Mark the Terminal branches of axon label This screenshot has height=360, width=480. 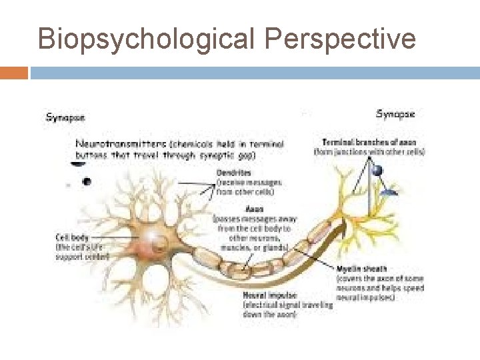pyautogui.click(x=368, y=141)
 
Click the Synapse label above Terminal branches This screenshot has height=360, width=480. pyautogui.click(x=395, y=114)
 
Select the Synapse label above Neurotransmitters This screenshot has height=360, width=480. pyautogui.click(x=65, y=117)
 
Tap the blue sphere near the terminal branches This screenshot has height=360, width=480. pyautogui.click(x=378, y=171)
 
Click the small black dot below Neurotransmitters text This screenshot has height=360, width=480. pyautogui.click(x=86, y=181)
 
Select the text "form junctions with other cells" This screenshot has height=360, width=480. pyautogui.click(x=369, y=151)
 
